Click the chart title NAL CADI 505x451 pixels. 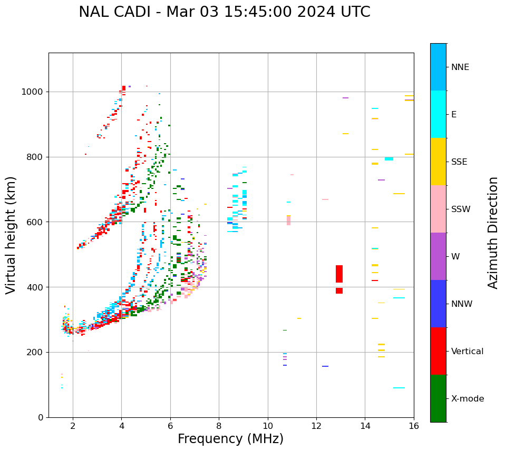tap(224, 12)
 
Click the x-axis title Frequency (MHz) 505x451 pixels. tap(230, 439)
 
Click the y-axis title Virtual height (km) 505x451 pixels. tap(11, 235)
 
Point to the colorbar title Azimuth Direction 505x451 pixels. tap(493, 233)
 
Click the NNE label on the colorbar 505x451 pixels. tap(460, 67)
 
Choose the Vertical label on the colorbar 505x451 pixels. tap(467, 352)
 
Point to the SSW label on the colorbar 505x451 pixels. tap(460, 209)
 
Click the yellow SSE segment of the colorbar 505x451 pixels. tap(438, 162)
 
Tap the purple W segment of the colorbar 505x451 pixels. tap(438, 256)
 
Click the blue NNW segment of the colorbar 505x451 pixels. tap(438, 304)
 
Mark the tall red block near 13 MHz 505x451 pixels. tap(339, 274)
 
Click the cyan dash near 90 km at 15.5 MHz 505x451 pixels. tap(399, 388)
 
